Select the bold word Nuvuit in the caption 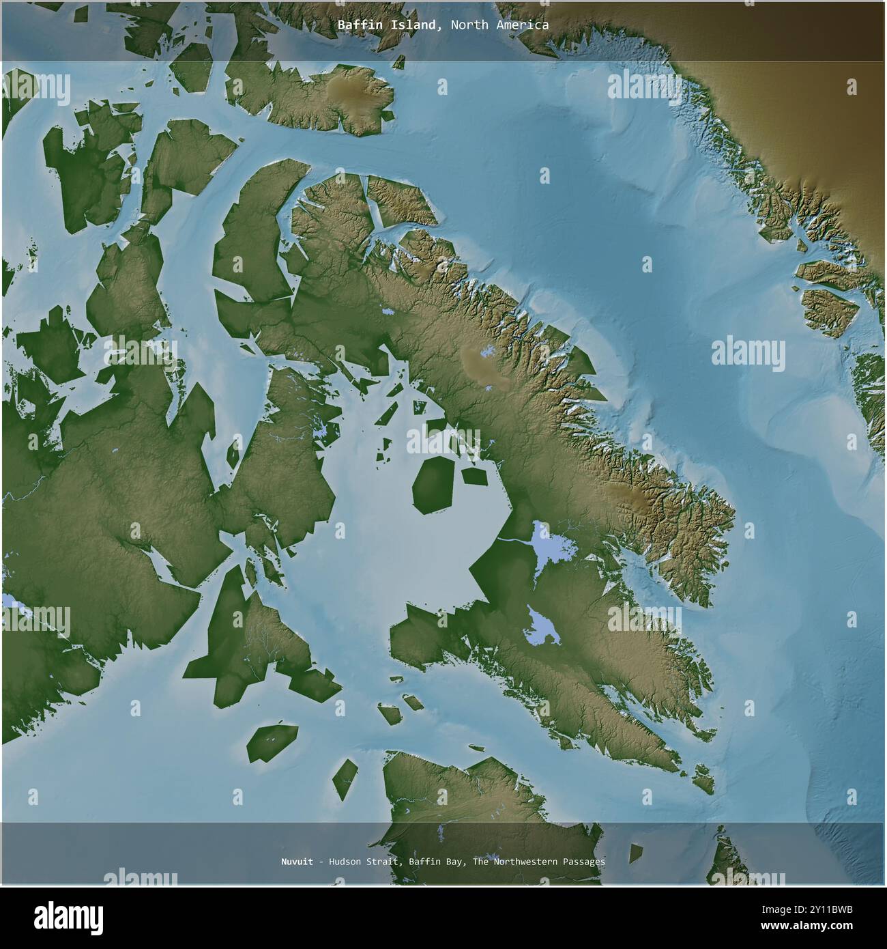(x=297, y=862)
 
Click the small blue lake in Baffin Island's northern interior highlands (x=486, y=353)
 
